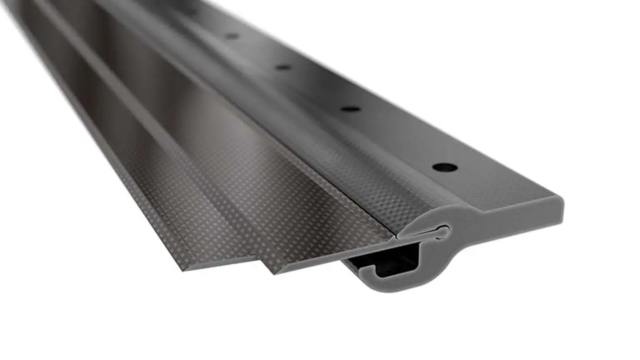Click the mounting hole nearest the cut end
click(445, 167)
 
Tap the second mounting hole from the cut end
click(350, 109)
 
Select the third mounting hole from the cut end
click(283, 67)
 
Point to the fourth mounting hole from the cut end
click(232, 36)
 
